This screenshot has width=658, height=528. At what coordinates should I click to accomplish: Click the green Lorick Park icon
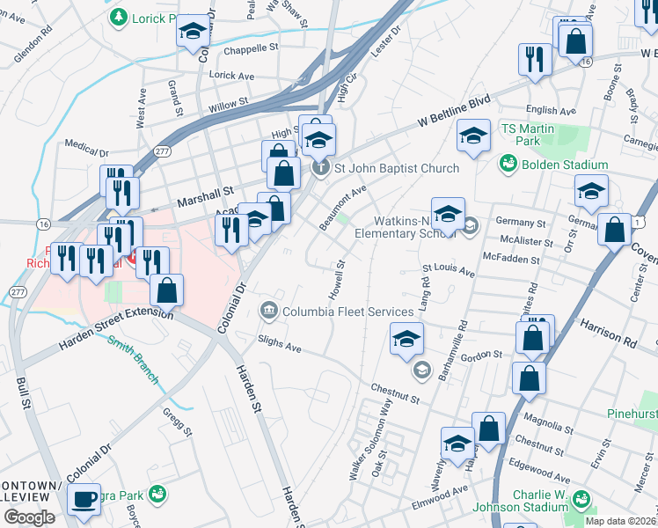tap(117, 17)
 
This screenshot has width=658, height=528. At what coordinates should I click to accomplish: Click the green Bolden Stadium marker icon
tap(508, 164)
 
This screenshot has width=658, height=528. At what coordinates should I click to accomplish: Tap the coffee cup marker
tap(84, 499)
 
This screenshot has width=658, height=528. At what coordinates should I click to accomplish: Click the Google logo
tap(29, 517)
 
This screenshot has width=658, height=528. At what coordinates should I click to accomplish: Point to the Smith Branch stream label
tap(133, 360)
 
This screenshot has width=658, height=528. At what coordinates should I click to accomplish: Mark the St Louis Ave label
tap(449, 270)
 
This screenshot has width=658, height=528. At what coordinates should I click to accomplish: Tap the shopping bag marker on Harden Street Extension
tap(166, 289)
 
